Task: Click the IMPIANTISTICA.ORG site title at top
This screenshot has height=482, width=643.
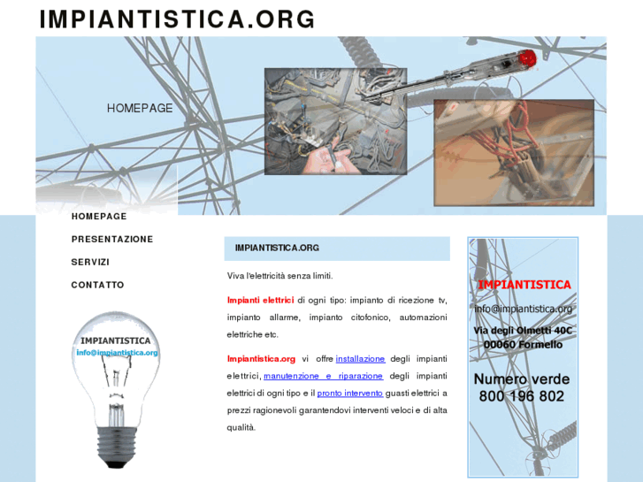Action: click(177, 19)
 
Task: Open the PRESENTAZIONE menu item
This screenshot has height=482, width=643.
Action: click(112, 239)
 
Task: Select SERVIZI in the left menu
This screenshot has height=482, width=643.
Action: click(90, 262)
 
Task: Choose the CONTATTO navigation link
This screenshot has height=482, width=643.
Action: click(97, 285)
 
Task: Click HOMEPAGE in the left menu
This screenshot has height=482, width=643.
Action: click(99, 216)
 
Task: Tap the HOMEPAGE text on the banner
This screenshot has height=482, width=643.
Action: click(140, 108)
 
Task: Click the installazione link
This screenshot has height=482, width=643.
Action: click(361, 359)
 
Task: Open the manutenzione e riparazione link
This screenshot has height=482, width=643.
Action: click(323, 376)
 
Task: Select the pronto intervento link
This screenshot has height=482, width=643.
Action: click(350, 394)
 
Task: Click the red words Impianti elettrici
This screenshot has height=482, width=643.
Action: click(260, 301)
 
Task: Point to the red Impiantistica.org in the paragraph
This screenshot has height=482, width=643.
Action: click(261, 359)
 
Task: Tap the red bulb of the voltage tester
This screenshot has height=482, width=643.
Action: click(527, 58)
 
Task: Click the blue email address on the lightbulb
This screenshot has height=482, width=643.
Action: click(117, 353)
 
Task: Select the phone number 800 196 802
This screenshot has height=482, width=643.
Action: click(522, 396)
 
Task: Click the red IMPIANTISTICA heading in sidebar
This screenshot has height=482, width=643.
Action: click(524, 285)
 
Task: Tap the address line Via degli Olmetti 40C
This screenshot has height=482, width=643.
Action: click(523, 331)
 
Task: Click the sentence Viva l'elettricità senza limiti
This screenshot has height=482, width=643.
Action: click(280, 276)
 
